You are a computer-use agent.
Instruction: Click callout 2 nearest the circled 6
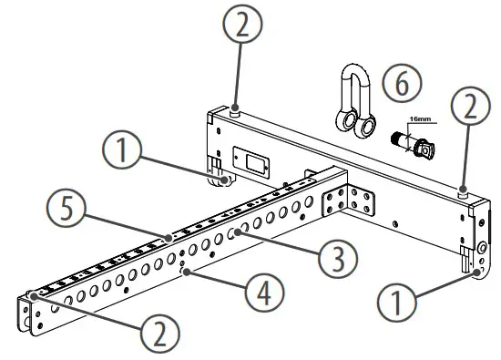[x=467, y=110]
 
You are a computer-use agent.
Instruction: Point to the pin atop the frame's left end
[x=235, y=111]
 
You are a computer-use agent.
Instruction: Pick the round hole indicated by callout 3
[x=234, y=234]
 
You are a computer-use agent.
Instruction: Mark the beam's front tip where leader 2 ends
[x=33, y=295]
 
